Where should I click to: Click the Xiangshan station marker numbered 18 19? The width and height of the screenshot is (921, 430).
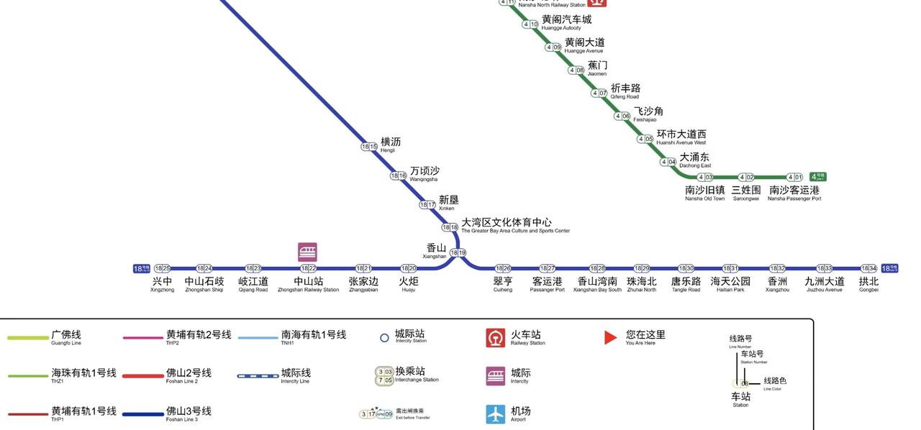tap(458, 253)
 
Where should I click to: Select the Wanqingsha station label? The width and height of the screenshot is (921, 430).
tap(425, 174)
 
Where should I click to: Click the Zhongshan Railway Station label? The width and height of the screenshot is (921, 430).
tap(308, 284)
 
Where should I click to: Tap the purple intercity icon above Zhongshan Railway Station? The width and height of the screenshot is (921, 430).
tap(307, 252)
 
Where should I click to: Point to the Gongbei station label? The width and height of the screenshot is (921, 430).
tap(868, 284)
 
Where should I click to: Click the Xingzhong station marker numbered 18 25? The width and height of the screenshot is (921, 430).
tap(163, 269)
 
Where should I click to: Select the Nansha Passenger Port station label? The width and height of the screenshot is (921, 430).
tap(794, 193)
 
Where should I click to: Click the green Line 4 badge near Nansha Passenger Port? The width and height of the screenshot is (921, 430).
tap(817, 177)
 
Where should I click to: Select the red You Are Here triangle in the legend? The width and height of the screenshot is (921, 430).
tap(610, 337)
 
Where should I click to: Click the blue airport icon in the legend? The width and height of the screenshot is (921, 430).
tap(496, 414)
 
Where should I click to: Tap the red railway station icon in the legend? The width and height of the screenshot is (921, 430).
tap(496, 338)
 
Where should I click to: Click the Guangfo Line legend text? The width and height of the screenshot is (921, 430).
tap(66, 337)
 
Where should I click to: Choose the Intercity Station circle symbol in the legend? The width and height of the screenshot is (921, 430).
tap(384, 338)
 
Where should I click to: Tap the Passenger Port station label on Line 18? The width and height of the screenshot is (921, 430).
tap(547, 284)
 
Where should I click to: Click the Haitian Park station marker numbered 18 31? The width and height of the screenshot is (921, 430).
tap(730, 269)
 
